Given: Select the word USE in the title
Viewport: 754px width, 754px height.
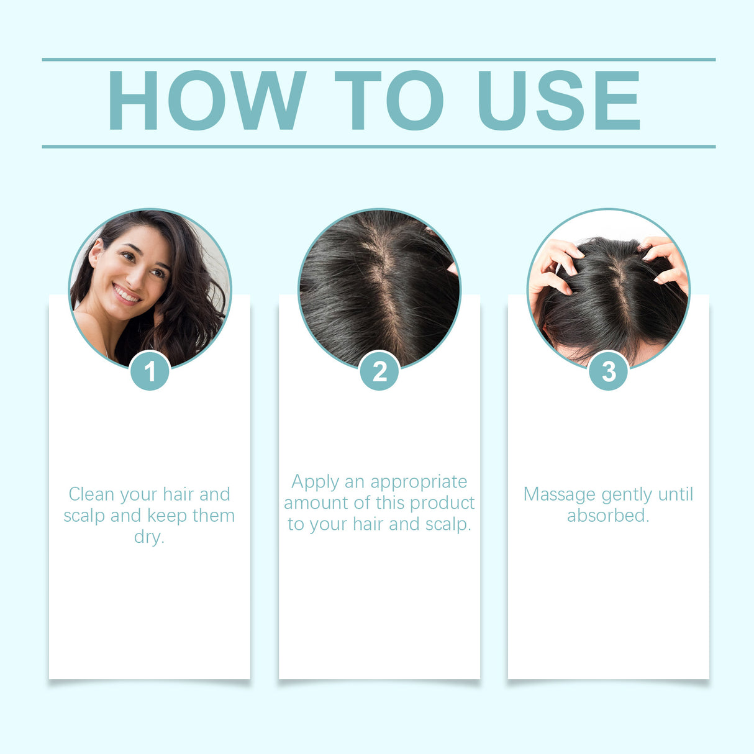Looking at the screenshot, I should [558, 101].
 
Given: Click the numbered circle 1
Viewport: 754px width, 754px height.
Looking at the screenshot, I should [150, 371].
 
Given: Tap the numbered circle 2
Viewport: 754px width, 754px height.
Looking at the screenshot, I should [379, 371].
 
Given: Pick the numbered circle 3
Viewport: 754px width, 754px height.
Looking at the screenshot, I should [609, 371].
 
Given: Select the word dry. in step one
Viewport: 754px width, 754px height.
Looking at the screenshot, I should [149, 537].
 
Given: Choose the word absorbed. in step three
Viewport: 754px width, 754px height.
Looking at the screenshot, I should [608, 516].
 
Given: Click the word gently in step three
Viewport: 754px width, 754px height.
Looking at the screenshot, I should [627, 495].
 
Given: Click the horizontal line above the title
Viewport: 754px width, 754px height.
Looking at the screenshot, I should [379, 60].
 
